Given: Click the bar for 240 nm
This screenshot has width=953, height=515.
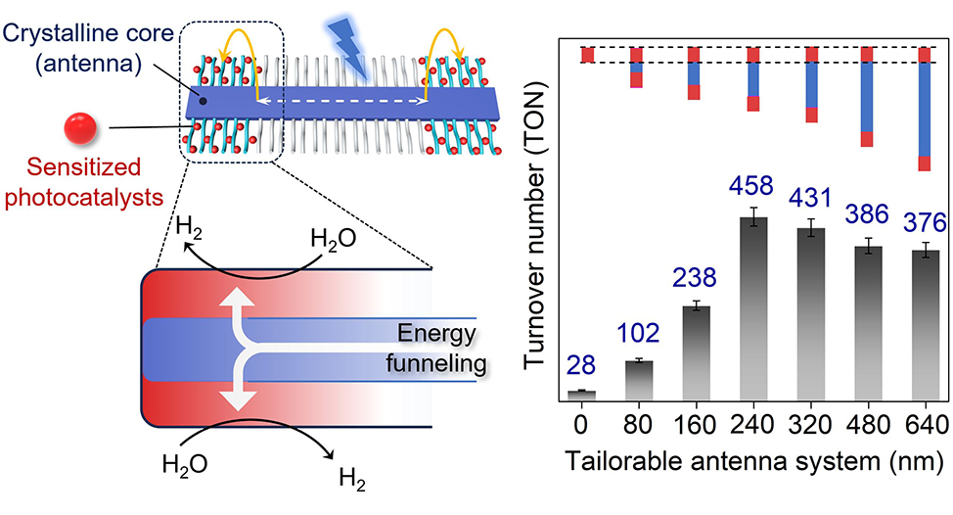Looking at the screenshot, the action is (753, 308).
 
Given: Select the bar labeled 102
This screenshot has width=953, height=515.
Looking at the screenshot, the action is (639, 381).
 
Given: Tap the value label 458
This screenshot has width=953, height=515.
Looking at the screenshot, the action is (751, 186).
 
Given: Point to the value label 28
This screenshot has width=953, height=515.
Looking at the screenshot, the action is (581, 365).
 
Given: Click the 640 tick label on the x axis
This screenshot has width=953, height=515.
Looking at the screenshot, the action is (927, 424).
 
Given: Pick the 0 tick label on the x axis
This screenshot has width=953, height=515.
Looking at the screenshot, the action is (581, 424).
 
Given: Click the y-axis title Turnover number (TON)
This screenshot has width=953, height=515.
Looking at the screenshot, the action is (534, 224).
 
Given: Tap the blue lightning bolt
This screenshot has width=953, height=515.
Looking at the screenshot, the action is (349, 46).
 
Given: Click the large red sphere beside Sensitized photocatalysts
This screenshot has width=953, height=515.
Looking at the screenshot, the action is (80, 127).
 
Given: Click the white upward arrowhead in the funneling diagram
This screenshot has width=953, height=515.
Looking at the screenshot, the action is (237, 298).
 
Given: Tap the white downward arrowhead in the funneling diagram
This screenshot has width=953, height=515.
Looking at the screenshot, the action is (237, 401).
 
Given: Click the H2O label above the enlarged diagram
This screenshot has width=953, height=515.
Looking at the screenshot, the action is (333, 239).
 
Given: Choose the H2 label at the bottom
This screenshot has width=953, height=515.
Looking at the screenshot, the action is (352, 480).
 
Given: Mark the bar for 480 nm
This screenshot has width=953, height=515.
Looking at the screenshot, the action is (869, 323).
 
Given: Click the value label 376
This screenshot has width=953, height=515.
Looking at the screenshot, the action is (925, 223).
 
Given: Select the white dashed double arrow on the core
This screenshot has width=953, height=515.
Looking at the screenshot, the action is (341, 102).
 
